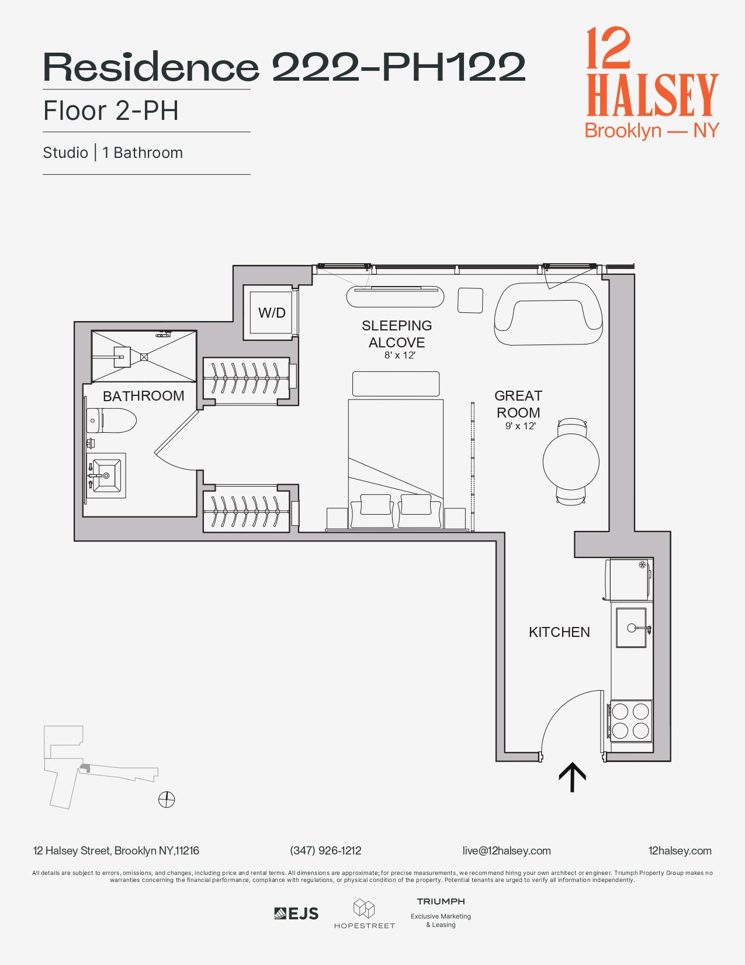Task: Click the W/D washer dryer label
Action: pyautogui.click(x=272, y=313)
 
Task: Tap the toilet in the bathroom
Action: pyautogui.click(x=111, y=420)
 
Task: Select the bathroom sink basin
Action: pyautogui.click(x=106, y=475)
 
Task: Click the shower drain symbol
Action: pyautogui.click(x=144, y=357)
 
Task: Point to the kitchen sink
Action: pyautogui.click(x=631, y=628)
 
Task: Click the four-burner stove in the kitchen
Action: pyautogui.click(x=630, y=721)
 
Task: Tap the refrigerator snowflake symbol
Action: pyautogui.click(x=642, y=565)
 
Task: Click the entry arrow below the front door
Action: pyautogui.click(x=572, y=777)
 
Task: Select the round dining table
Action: pyautogui.click(x=571, y=462)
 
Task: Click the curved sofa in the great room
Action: pyautogui.click(x=549, y=314)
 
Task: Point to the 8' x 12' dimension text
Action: pyautogui.click(x=400, y=355)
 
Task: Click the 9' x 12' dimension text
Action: pyautogui.click(x=521, y=426)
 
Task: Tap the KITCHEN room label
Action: pyautogui.click(x=559, y=632)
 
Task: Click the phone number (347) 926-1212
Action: pyautogui.click(x=325, y=850)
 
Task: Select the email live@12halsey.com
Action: pyautogui.click(x=506, y=850)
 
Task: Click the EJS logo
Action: pyautogui.click(x=296, y=914)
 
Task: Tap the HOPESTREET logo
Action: pyautogui.click(x=364, y=914)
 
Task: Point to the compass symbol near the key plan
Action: pyautogui.click(x=167, y=799)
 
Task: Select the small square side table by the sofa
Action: pyautogui.click(x=470, y=300)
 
